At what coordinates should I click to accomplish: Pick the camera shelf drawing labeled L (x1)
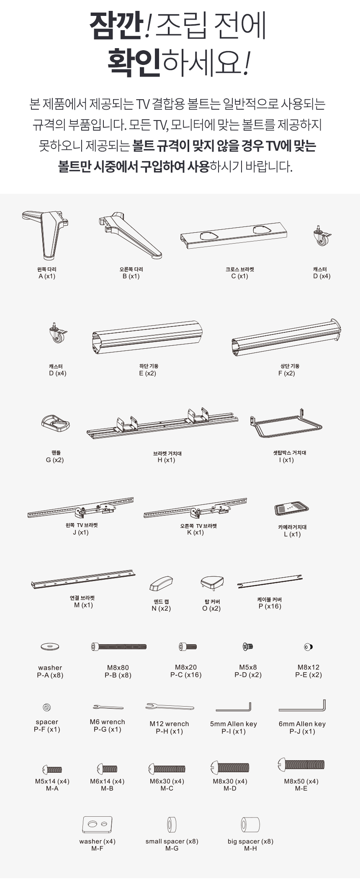[292, 509]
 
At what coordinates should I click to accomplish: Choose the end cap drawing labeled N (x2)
[161, 583]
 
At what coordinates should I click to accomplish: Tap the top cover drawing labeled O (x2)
[212, 582]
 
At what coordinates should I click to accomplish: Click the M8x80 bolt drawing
[119, 647]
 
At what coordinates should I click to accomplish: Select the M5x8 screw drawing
[248, 647]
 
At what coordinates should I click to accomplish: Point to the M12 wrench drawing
[170, 707]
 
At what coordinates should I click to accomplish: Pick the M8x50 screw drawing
[301, 765]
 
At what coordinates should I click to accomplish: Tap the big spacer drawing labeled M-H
[250, 825]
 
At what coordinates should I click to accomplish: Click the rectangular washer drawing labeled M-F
[98, 824]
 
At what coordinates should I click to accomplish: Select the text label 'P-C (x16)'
[186, 675]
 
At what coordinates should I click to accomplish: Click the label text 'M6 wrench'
[107, 722]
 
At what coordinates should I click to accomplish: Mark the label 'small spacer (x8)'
[172, 841]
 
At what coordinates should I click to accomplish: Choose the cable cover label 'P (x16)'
[270, 606]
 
